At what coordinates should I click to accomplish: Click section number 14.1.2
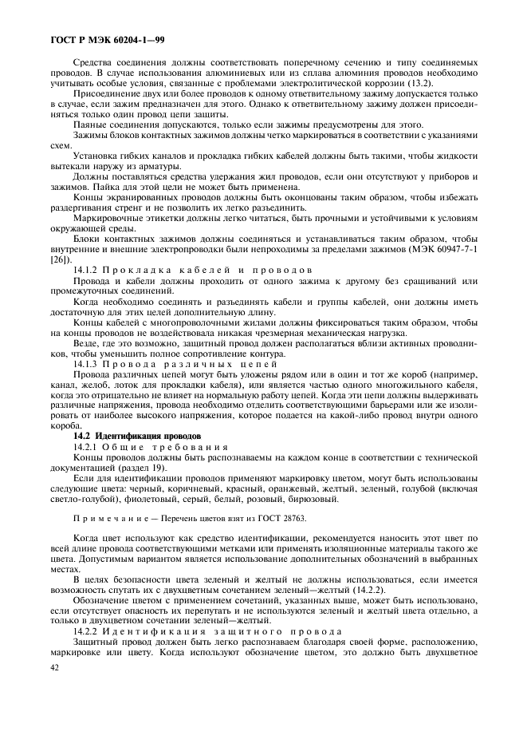88,271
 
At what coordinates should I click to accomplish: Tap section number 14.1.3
88,362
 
